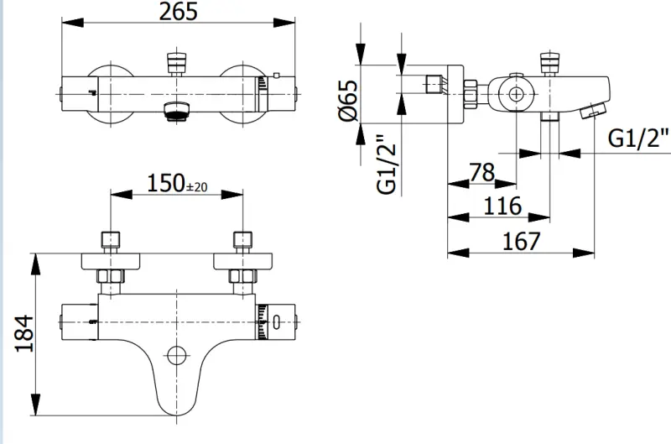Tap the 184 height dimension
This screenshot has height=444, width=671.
[x=23, y=334]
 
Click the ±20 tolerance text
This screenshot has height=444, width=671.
[x=195, y=187]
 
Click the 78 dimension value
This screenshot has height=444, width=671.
[x=481, y=173]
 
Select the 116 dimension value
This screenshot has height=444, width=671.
[x=503, y=205]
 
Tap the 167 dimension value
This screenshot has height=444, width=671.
[x=522, y=241]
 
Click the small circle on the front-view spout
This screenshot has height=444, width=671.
[x=175, y=355]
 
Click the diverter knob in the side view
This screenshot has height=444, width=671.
[x=549, y=64]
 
